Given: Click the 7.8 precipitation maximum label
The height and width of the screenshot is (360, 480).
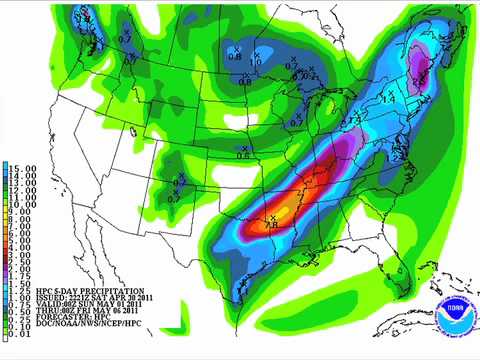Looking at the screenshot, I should (x=271, y=226).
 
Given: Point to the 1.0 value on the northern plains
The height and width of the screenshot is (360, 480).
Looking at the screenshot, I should (x=256, y=63).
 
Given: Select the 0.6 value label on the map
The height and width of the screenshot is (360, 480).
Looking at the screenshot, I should (x=243, y=155).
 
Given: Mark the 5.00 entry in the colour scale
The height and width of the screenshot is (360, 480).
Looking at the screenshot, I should (x=19, y=240).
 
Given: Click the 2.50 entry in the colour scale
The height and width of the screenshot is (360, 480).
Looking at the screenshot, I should (x=19, y=262).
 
